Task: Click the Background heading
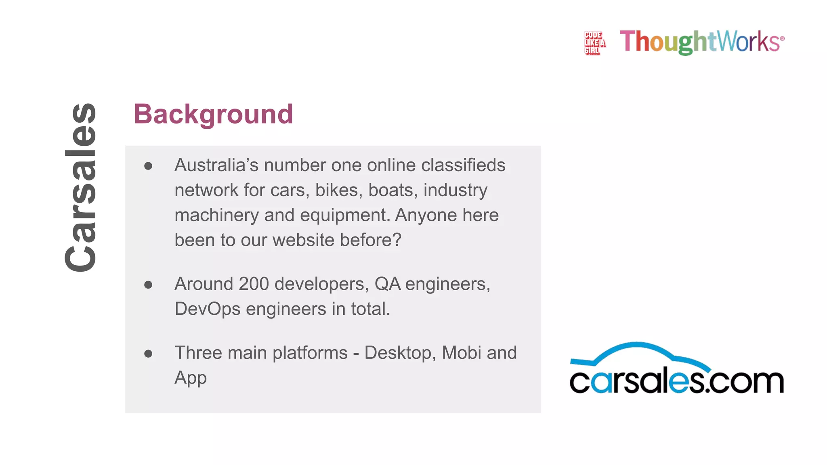pyautogui.click(x=213, y=114)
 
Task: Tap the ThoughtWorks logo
pyautogui.click(x=702, y=42)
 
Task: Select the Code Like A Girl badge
pyautogui.click(x=594, y=43)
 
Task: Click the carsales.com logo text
pyautogui.click(x=676, y=381)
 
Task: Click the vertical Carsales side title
pyautogui.click(x=81, y=188)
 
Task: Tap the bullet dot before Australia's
pyautogui.click(x=148, y=166)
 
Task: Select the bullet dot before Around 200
pyautogui.click(x=148, y=285)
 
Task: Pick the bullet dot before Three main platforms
pyautogui.click(x=148, y=354)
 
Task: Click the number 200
pyautogui.click(x=254, y=284)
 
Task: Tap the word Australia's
pyautogui.click(x=216, y=165)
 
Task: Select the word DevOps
pyautogui.click(x=208, y=309)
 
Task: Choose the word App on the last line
pyautogui.click(x=191, y=378)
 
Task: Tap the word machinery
pyautogui.click(x=216, y=216)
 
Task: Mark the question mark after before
pyautogui.click(x=397, y=240)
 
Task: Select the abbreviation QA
pyautogui.click(x=388, y=284)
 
